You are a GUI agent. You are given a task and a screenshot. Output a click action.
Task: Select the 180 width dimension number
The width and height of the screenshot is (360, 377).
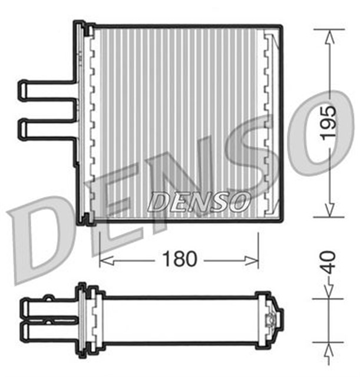pyautogui.click(x=180, y=259)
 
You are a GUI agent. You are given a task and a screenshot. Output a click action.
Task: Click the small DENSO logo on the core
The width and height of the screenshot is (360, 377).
pyautogui.click(x=197, y=202)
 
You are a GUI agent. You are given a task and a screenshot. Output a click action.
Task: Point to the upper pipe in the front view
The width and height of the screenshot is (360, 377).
pyautogui.click(x=47, y=87)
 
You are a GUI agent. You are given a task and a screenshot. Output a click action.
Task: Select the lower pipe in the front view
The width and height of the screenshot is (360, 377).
pyautogui.click(x=47, y=128)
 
